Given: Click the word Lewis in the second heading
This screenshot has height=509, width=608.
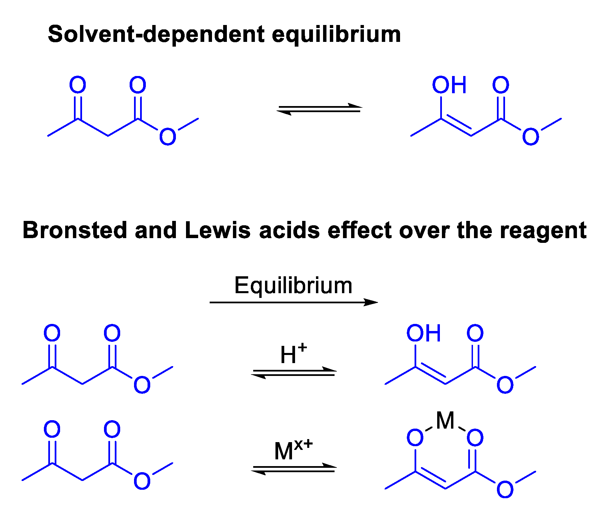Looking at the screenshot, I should click(218, 230).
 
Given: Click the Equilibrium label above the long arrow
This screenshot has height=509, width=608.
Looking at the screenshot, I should click(293, 286).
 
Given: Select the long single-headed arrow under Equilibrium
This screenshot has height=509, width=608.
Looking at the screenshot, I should click(293, 302).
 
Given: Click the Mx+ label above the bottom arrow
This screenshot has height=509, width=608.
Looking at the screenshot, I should click(293, 450).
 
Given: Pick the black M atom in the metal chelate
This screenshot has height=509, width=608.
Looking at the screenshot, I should click(445, 421).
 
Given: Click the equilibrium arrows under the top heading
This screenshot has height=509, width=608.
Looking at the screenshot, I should click(319, 109).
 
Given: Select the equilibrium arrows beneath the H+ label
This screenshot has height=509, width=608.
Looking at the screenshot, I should click(294, 373).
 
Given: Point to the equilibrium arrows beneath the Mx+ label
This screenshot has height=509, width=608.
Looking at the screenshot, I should click(294, 469).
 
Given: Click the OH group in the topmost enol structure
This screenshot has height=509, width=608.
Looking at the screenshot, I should click(449, 85).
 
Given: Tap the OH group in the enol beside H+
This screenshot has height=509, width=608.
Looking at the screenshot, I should click(423, 333).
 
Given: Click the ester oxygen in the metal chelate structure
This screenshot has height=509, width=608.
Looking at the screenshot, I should click(505, 489).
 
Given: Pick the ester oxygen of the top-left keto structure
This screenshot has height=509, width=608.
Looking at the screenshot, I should click(167, 137).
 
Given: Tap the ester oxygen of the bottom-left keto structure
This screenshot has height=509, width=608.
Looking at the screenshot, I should click(142, 481).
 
